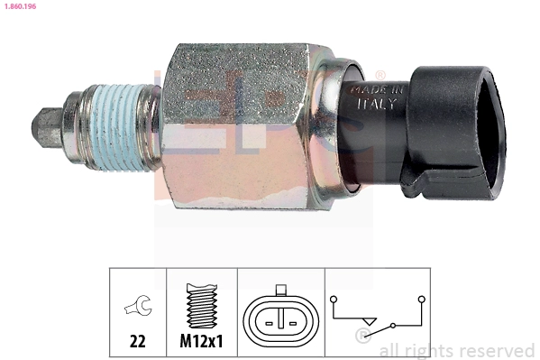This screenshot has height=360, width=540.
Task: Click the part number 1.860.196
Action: (x=19, y=6)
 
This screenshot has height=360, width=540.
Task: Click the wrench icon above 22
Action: (x=138, y=308)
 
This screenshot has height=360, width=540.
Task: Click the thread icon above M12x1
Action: (x=202, y=308)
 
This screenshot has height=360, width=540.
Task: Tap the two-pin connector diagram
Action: (x=280, y=318)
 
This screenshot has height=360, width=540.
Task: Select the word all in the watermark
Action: (x=390, y=350)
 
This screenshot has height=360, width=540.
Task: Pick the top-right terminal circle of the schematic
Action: (x=421, y=296)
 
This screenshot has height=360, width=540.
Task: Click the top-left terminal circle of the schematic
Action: (x=334, y=296)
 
